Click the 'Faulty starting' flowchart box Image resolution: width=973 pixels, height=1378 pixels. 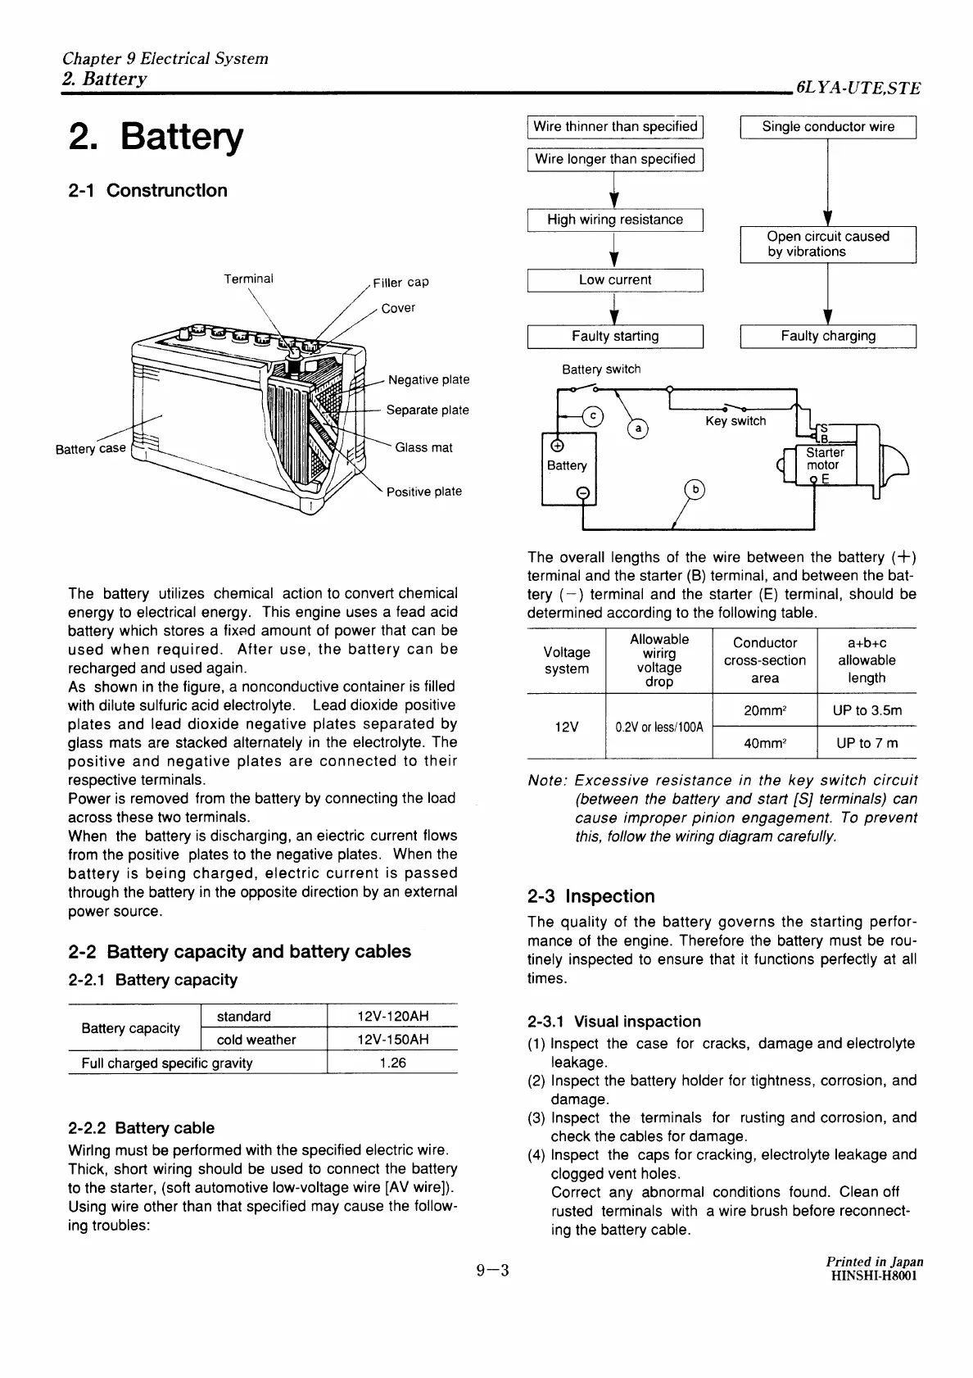click(x=615, y=336)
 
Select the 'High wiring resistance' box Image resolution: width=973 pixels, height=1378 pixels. click(x=615, y=220)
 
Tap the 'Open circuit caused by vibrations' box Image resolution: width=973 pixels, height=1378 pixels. click(x=827, y=244)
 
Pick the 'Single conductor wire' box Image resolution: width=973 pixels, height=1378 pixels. click(x=827, y=127)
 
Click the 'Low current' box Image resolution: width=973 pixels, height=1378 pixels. click(x=615, y=279)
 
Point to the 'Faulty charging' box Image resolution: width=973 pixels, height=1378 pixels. click(x=827, y=336)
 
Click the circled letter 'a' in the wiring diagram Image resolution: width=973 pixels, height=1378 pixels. click(x=637, y=428)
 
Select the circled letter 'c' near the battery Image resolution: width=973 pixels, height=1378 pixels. click(x=592, y=416)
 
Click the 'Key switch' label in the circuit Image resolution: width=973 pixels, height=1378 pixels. click(x=735, y=421)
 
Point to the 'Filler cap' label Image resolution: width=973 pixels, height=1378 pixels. click(x=401, y=283)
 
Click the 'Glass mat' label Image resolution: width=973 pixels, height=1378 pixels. click(x=423, y=447)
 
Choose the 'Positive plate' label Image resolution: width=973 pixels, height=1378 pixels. click(x=424, y=492)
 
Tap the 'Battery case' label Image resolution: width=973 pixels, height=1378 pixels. click(x=90, y=450)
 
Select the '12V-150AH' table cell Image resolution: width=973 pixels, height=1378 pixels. click(x=393, y=1040)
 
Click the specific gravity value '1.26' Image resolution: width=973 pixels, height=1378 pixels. click(x=393, y=1063)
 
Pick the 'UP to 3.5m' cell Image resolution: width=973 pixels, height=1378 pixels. click(x=867, y=710)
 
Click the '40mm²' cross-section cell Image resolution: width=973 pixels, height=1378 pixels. click(x=765, y=743)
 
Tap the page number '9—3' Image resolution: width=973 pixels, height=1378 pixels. click(x=493, y=1271)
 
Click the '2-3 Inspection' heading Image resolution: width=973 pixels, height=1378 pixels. click(x=591, y=896)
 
